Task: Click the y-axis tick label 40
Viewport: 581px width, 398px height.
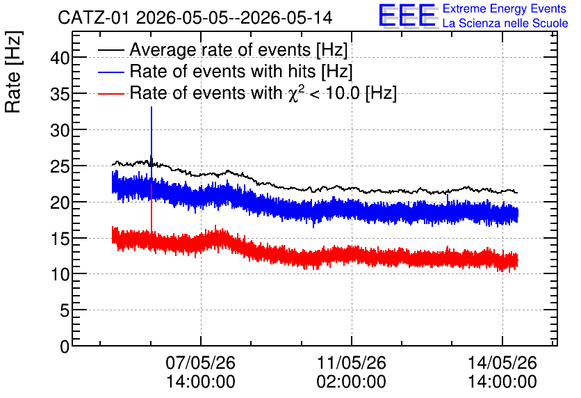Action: pyautogui.click(x=60, y=58)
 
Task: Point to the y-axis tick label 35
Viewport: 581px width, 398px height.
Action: pyautogui.click(x=60, y=94)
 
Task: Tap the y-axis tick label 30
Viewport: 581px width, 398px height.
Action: pyautogui.click(x=60, y=130)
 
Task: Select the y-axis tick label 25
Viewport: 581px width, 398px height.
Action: pyautogui.click(x=60, y=166)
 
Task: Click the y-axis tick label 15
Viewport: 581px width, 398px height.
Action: pyautogui.click(x=60, y=239)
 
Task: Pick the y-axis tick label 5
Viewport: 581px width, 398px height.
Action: pyautogui.click(x=65, y=310)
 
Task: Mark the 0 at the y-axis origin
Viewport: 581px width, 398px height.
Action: pyautogui.click(x=65, y=347)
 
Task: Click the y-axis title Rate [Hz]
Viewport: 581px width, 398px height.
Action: pyautogui.click(x=13, y=72)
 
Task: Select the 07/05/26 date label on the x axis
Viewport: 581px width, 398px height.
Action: pyautogui.click(x=200, y=363)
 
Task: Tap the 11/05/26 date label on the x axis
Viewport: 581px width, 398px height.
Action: pyautogui.click(x=351, y=363)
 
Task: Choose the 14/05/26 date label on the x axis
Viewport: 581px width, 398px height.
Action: pyautogui.click(x=502, y=363)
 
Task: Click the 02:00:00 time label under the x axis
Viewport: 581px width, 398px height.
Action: pyautogui.click(x=351, y=382)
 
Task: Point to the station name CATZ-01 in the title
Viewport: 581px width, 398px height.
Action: pyautogui.click(x=93, y=18)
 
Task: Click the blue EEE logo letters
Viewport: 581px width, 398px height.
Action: pyautogui.click(x=407, y=15)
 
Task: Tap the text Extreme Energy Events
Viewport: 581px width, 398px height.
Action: pyautogui.click(x=505, y=8)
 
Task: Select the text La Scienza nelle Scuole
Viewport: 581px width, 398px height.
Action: pyautogui.click(x=505, y=23)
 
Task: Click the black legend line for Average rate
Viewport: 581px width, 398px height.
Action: pyautogui.click(x=111, y=50)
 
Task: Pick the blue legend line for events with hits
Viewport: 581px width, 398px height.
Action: pyautogui.click(x=111, y=72)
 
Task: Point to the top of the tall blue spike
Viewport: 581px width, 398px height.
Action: pyautogui.click(x=152, y=107)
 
